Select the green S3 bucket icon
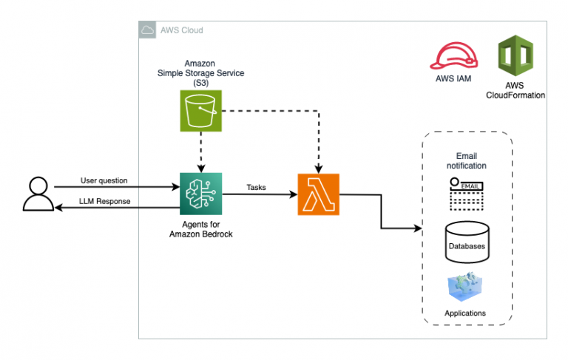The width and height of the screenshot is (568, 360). (201, 111)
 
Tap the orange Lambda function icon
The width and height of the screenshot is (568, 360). (318, 194)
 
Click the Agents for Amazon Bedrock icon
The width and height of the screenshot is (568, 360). (201, 194)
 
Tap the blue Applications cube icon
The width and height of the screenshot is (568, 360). (466, 288)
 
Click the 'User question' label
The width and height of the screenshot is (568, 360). (104, 180)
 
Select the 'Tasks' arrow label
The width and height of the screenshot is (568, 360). (257, 188)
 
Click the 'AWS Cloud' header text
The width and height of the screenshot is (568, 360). (181, 30)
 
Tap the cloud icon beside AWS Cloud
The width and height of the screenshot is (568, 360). (147, 30)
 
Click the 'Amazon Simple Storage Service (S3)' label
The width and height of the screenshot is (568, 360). (200, 73)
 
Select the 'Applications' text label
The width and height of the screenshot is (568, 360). (465, 313)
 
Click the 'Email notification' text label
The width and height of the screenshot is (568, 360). (467, 160)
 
